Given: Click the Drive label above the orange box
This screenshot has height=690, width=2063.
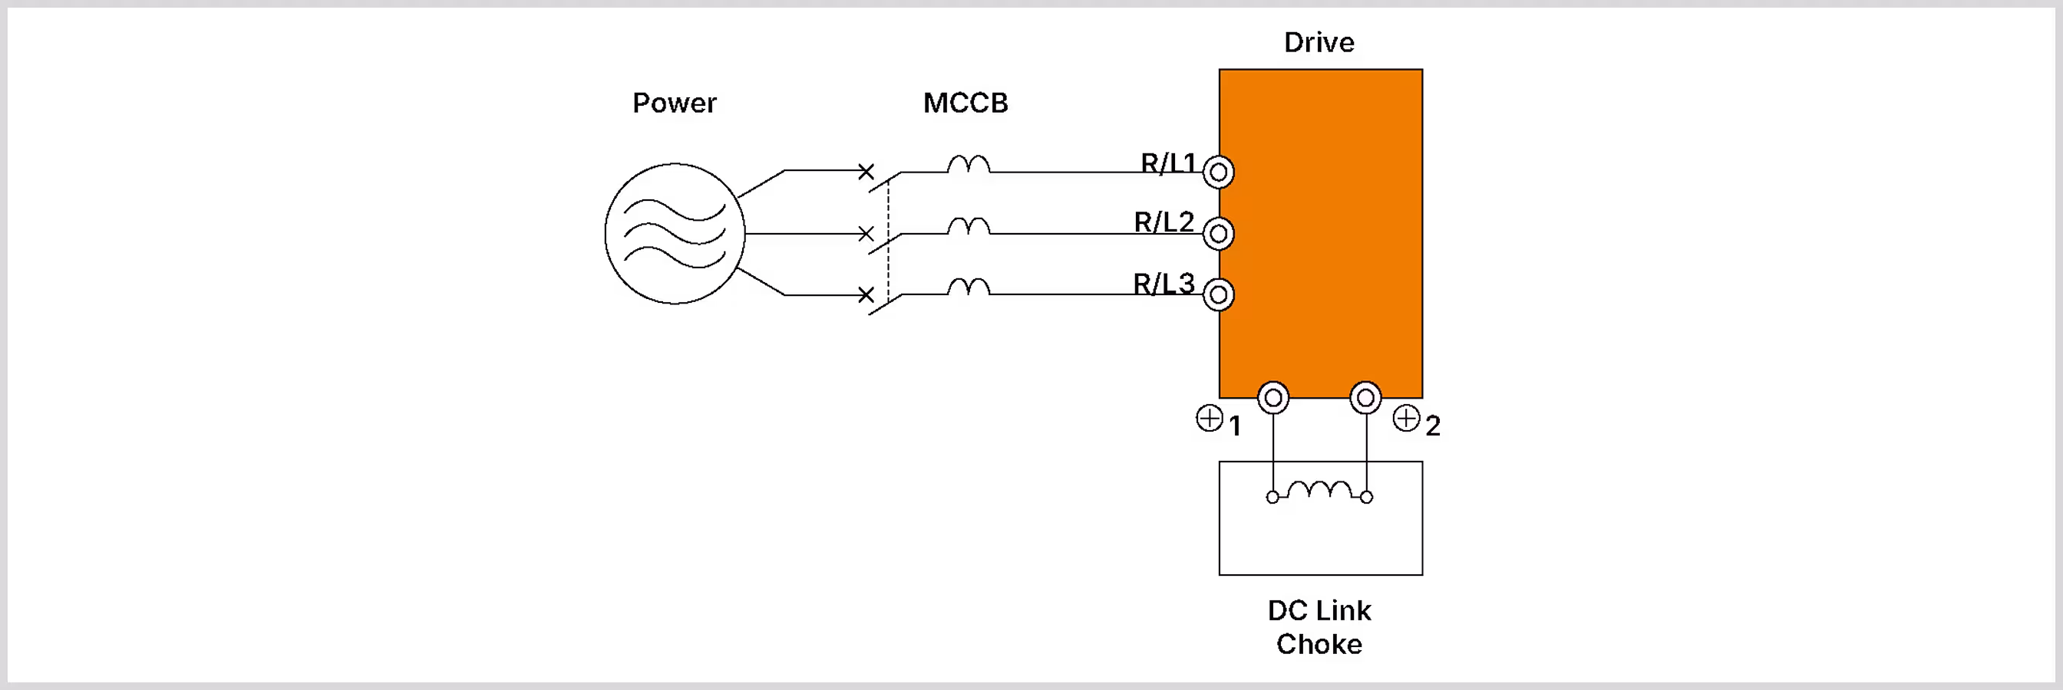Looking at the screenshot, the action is click(1319, 42).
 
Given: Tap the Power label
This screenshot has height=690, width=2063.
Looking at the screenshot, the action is click(675, 103).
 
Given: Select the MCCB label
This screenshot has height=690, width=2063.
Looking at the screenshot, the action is click(965, 103).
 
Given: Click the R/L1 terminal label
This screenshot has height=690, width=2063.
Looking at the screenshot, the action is click(1168, 163).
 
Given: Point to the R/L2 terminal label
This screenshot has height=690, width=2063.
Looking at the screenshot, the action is click(1164, 222).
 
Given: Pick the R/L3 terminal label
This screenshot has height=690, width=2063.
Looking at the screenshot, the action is click(1164, 284).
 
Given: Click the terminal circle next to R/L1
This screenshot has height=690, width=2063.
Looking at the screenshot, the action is click(1218, 172).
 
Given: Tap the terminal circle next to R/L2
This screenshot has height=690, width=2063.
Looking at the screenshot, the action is click(1218, 234).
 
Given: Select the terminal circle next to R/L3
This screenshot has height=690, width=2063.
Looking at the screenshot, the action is click(1218, 294).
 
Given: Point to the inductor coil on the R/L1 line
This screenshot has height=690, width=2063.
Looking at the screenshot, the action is click(969, 164).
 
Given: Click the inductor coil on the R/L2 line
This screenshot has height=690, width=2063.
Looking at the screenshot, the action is click(969, 225).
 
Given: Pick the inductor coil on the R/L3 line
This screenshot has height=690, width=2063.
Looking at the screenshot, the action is click(969, 287).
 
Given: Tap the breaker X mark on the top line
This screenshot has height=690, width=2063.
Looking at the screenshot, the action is click(866, 171).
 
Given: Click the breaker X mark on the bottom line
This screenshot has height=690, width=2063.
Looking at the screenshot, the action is click(866, 294).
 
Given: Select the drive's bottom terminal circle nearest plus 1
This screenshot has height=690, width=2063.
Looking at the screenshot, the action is click(1272, 398).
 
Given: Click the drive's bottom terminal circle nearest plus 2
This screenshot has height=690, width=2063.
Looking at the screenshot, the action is click(1365, 398).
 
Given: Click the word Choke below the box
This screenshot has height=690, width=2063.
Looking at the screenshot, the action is click(1319, 644).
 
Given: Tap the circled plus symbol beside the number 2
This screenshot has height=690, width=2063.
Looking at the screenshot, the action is click(1406, 418).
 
